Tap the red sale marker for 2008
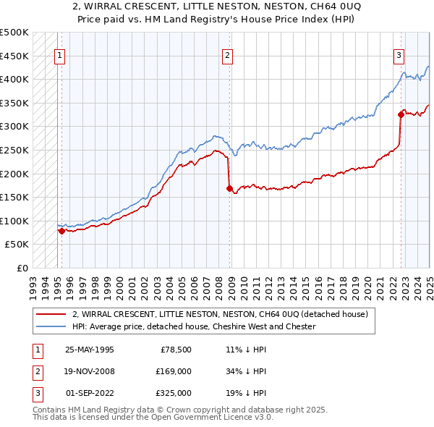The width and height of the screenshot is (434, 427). [x=229, y=188]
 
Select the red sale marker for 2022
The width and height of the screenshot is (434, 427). [x=401, y=114]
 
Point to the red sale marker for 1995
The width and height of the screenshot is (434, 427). [x=61, y=231]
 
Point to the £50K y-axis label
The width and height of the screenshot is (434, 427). [x=17, y=245]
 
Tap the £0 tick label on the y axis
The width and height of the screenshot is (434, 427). [x=22, y=268]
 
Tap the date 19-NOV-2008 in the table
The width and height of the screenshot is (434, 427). [x=90, y=371]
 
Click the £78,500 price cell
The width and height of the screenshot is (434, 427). [x=176, y=350]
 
